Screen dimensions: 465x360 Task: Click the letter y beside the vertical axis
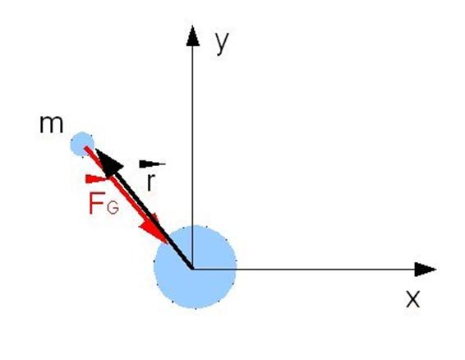click(222, 44)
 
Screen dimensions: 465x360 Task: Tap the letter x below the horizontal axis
click(412, 299)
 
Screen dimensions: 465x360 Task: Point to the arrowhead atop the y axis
click(193, 36)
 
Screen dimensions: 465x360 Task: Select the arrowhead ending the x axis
click(426, 270)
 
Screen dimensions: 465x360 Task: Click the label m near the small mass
click(51, 124)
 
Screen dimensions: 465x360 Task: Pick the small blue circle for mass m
click(82, 144)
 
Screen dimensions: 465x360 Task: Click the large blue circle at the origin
click(195, 267)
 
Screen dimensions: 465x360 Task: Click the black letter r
click(150, 182)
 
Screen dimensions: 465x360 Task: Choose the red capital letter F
click(97, 203)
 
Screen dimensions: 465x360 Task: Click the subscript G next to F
click(113, 207)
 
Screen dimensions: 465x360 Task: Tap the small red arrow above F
click(97, 179)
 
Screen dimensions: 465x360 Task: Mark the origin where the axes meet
click(193, 270)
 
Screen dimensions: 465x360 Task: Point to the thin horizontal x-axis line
click(304, 270)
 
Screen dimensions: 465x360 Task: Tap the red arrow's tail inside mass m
click(86, 148)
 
